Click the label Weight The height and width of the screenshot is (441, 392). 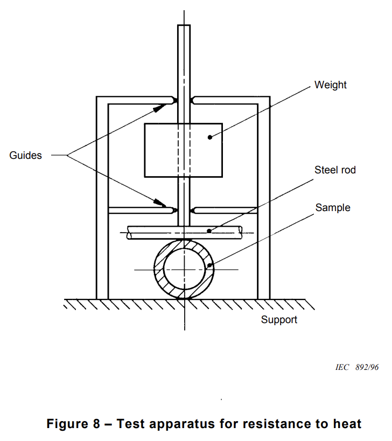tap(331, 85)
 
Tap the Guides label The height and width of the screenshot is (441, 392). tap(26, 155)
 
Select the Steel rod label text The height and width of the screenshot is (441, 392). tap(335, 170)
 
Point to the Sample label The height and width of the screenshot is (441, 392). tap(333, 207)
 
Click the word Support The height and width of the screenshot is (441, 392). tap(279, 320)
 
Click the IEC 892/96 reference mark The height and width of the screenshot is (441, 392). tap(357, 367)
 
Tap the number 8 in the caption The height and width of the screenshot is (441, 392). tap(96, 424)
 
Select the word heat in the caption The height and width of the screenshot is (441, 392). tap(347, 424)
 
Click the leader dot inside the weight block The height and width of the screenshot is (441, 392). tap(210, 137)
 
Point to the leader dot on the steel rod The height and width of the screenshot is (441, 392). tap(209, 231)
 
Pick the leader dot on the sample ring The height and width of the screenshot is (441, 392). tap(209, 265)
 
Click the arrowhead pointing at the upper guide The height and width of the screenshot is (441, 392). tap(160, 108)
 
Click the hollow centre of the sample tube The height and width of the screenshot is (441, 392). tap(184, 269)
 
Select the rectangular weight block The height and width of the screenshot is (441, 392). tap(183, 150)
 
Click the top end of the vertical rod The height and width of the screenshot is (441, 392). tap(184, 25)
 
